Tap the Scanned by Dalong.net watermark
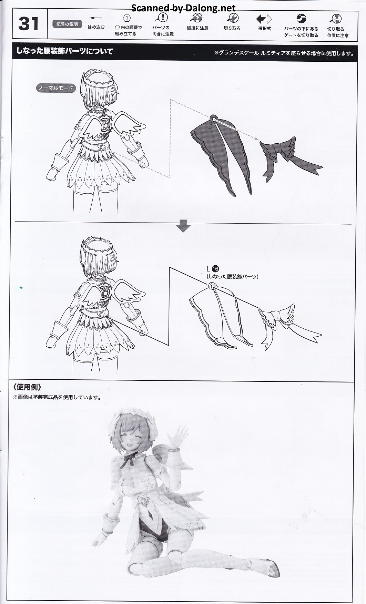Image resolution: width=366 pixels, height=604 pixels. point(183,8)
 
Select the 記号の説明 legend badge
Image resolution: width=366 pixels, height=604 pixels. point(67,24)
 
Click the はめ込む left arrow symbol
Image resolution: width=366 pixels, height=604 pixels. point(96,18)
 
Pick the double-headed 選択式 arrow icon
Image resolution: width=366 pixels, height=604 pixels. point(264,19)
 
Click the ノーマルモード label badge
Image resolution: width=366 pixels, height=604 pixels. point(55,88)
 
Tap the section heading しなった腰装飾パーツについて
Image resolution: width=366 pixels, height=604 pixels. point(65,51)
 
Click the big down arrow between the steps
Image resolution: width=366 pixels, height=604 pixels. point(183,226)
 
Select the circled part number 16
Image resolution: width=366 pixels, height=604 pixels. point(216,269)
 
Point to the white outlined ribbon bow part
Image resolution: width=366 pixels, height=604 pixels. point(289,326)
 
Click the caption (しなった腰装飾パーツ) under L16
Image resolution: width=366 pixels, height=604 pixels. point(232,276)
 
